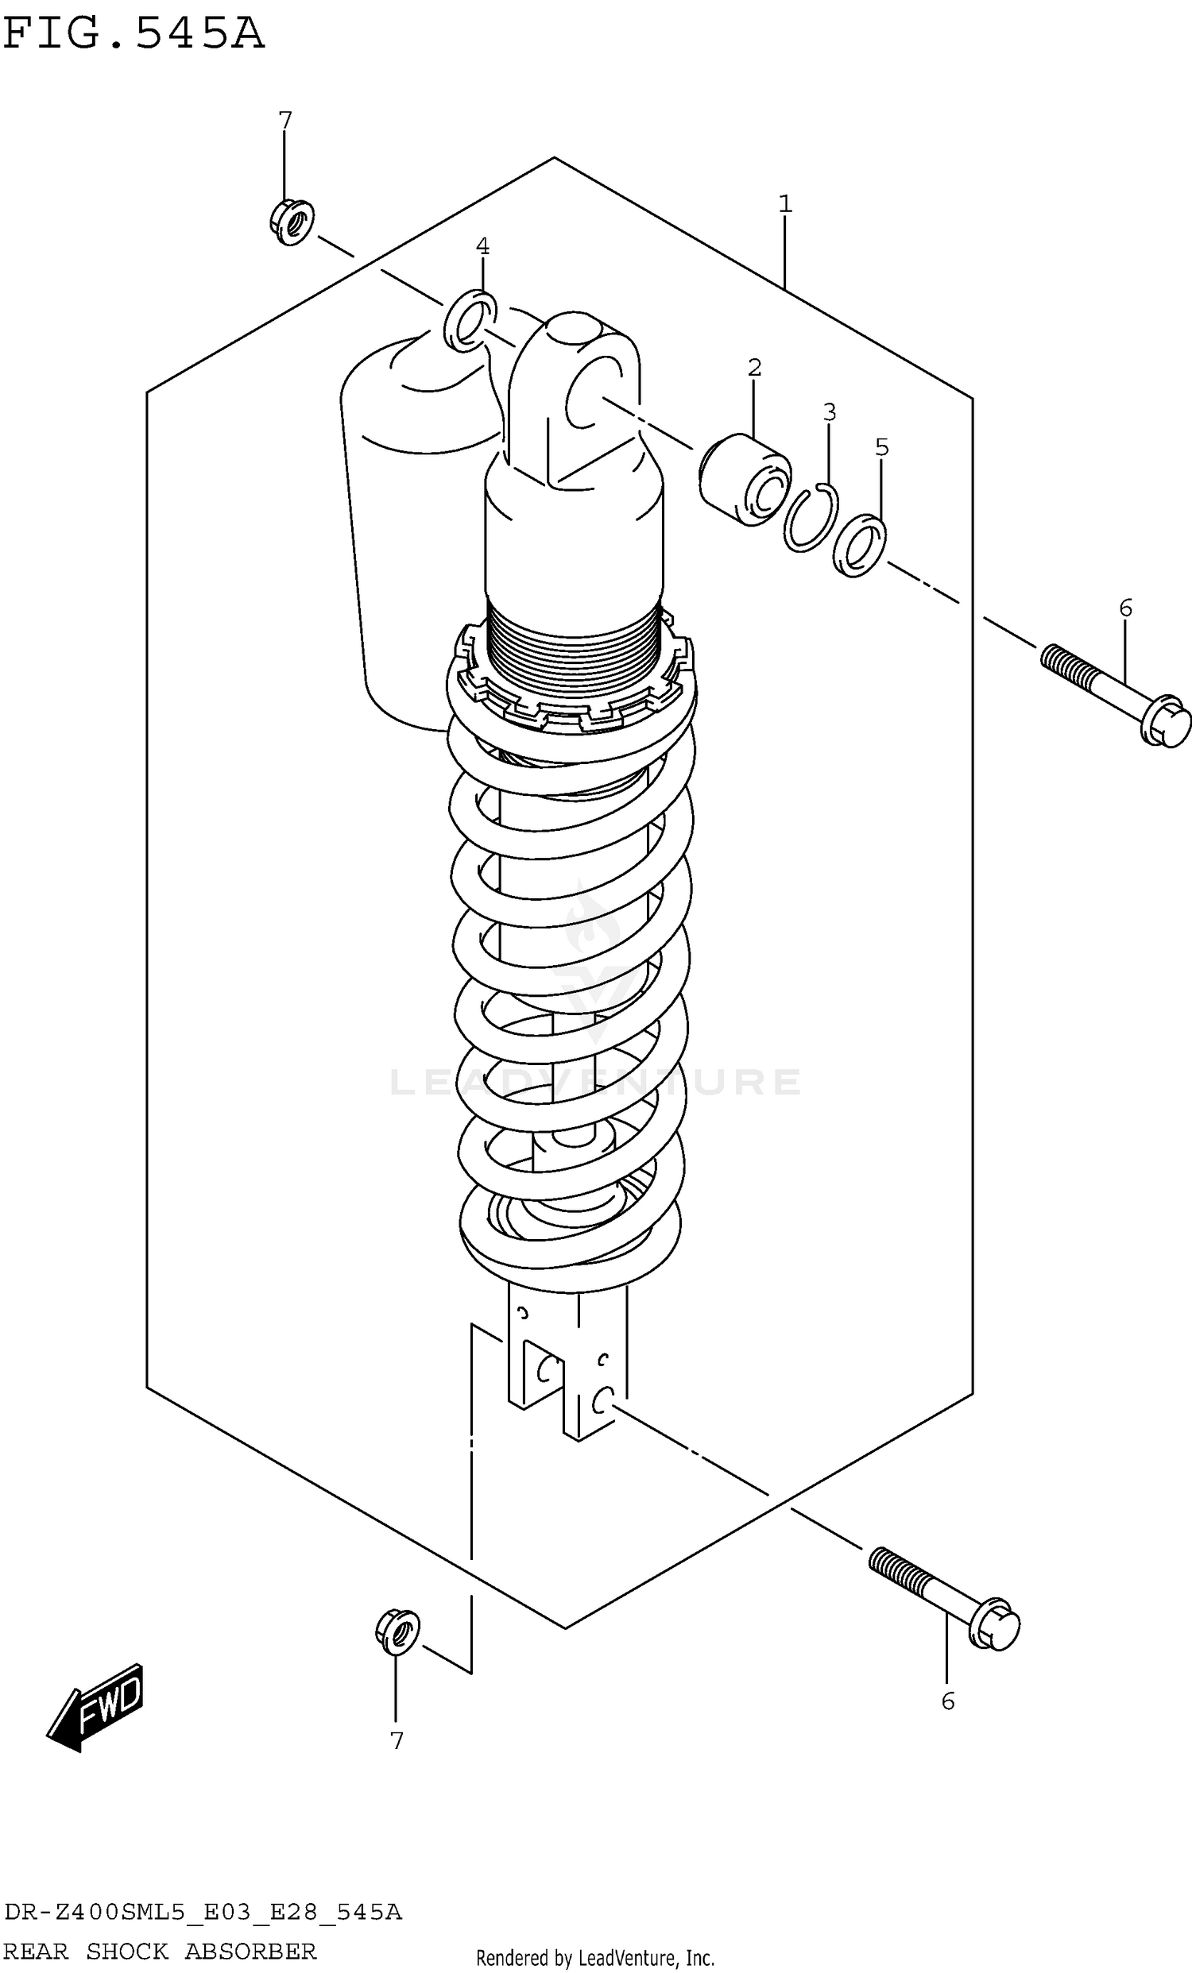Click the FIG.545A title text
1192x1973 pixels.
point(133,34)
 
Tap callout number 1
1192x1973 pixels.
point(785,204)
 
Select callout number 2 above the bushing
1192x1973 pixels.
point(754,368)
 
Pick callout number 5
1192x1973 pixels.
point(881,448)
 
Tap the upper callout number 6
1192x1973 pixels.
point(1125,608)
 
